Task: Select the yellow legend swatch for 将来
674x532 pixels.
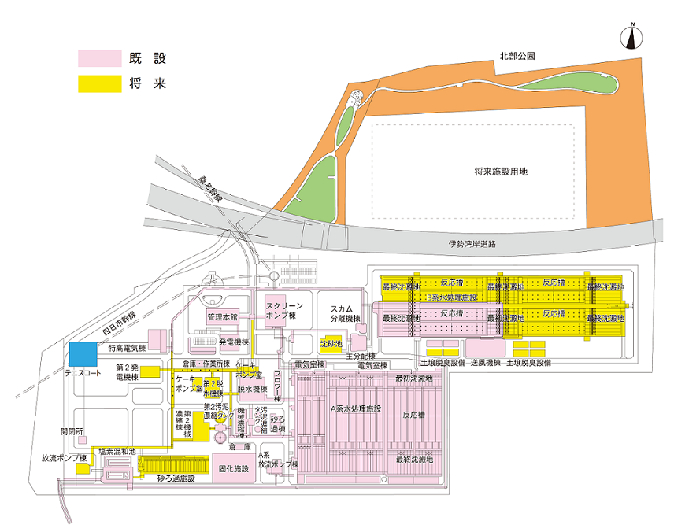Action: [x=99, y=83]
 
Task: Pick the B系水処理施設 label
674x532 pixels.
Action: [x=451, y=298]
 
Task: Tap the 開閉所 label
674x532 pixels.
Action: [x=72, y=431]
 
